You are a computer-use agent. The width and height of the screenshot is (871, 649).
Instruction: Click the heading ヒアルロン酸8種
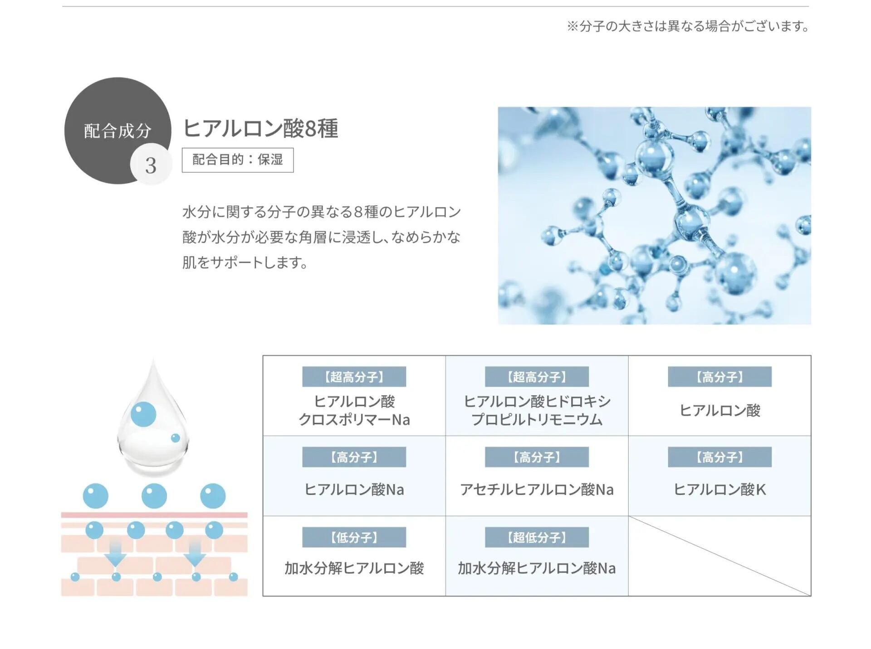tap(260, 128)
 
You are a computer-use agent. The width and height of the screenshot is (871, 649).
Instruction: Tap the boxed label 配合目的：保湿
tap(237, 160)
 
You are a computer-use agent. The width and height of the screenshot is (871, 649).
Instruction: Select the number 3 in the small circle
tap(151, 165)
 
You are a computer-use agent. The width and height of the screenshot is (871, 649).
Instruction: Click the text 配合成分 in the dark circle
tap(117, 131)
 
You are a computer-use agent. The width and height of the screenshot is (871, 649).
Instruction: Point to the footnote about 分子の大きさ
tap(687, 26)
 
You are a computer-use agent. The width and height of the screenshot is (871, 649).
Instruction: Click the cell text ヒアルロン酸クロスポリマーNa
tap(354, 411)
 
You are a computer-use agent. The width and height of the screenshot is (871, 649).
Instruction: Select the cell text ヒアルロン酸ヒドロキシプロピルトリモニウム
tap(537, 411)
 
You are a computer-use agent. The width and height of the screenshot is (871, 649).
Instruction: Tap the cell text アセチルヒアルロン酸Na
tap(537, 490)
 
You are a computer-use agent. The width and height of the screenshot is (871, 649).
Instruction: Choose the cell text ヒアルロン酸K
tap(719, 490)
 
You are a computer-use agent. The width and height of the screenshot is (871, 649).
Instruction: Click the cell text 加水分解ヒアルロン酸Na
tap(537, 568)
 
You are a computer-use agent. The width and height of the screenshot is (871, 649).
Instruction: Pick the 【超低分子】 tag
tap(537, 538)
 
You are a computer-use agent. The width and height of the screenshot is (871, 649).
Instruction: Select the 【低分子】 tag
tap(354, 538)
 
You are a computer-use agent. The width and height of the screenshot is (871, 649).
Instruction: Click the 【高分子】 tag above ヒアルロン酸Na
tap(354, 457)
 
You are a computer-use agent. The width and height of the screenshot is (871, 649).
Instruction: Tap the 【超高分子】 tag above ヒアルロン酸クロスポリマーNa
tap(354, 377)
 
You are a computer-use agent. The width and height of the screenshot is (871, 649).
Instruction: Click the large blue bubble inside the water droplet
tap(143, 414)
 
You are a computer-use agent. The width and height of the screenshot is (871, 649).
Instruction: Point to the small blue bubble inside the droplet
tap(176, 438)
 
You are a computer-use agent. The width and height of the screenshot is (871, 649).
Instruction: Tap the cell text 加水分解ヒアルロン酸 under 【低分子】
tap(354, 568)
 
